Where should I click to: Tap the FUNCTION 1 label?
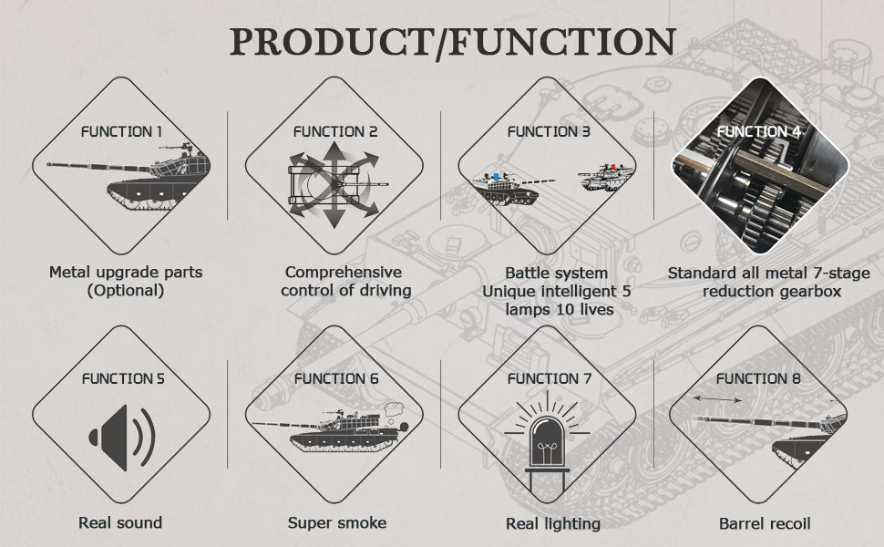point(121,132)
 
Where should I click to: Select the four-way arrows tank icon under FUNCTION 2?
point(334,184)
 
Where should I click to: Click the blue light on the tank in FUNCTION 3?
point(496,176)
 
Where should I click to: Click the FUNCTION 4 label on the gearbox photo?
point(758,132)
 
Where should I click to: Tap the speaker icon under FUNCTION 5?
point(122,437)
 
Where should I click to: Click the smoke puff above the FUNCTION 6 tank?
point(393,409)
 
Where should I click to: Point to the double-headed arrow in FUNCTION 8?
point(717,398)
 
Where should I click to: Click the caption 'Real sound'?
point(120,522)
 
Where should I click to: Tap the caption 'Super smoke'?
point(337,523)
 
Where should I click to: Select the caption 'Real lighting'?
point(553,524)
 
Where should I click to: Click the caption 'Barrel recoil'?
point(765,524)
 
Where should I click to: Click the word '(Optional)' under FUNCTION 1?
point(126,291)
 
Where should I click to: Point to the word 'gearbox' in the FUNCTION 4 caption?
point(807,292)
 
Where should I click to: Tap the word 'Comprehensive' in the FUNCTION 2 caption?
point(344,273)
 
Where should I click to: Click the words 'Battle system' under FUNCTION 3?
point(557,273)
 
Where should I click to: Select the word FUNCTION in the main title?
point(562,41)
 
